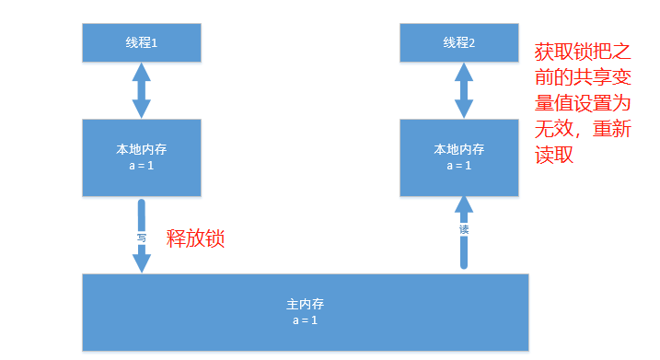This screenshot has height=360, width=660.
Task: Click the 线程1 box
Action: pos(141,42)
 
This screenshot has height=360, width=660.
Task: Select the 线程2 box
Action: pos(458,42)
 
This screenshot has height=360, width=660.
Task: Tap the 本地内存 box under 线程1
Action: pos(141,157)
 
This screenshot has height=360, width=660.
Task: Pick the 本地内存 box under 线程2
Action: pos(458,157)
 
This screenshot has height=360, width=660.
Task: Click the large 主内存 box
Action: pos(306,311)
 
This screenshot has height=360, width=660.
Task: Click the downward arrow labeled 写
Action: pos(141,236)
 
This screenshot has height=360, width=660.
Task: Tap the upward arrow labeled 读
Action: pos(464,229)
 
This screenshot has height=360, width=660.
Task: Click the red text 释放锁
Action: pos(195,239)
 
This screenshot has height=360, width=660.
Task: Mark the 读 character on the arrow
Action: pos(464,229)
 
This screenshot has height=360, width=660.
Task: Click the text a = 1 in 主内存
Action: pos(306,319)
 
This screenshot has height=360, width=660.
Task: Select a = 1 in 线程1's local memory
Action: pos(141,166)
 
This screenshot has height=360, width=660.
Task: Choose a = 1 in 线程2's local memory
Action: pos(458,166)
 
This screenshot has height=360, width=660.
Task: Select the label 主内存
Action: pos(306,303)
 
